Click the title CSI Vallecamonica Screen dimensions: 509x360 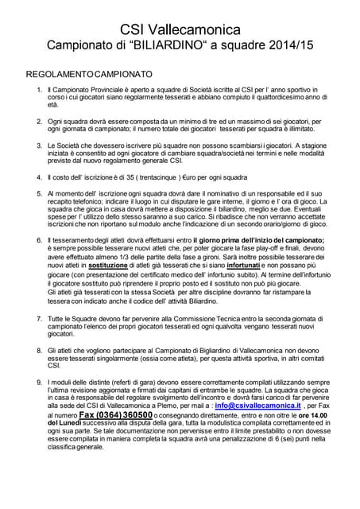tap(180, 29)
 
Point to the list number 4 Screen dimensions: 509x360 tap(41, 177)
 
